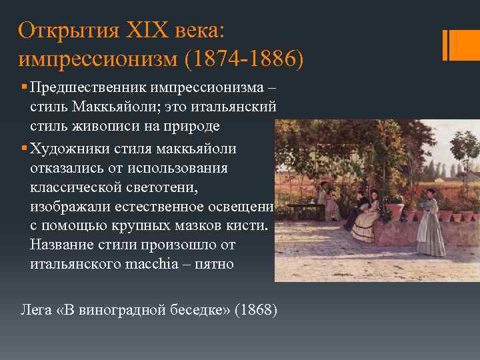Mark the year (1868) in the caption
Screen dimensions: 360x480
253,311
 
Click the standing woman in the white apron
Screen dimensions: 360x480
430,223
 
